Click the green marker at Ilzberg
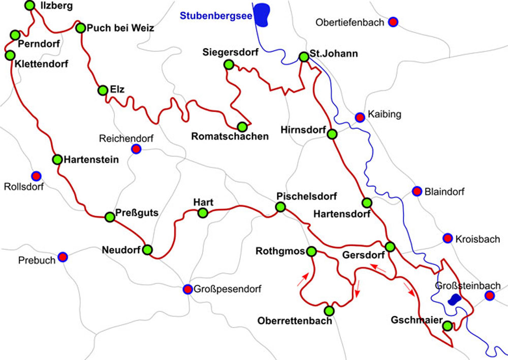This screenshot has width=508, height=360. [x=30, y=6]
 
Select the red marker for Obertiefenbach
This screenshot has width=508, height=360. [x=393, y=22]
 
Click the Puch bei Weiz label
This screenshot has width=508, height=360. [x=120, y=28]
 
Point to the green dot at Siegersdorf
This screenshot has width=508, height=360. [x=229, y=64]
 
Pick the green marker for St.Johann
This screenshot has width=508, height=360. [x=304, y=57]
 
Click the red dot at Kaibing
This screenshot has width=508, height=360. [x=360, y=117]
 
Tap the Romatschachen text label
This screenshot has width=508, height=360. [x=230, y=137]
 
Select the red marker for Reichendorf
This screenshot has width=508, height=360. [x=136, y=149]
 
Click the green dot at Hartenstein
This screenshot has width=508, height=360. [x=57, y=159]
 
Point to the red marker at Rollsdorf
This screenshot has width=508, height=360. [x=36, y=176]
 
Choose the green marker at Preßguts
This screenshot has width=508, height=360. [x=109, y=217]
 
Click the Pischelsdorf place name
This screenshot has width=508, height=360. [x=306, y=196]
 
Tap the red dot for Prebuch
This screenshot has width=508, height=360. [x=62, y=257]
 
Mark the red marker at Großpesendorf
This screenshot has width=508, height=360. [x=187, y=289]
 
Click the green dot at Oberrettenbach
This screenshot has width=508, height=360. [x=329, y=310]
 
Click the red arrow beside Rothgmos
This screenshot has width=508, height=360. [x=302, y=279]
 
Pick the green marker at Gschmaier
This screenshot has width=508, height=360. [x=447, y=326]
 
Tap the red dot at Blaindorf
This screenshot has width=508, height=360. [x=417, y=191]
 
